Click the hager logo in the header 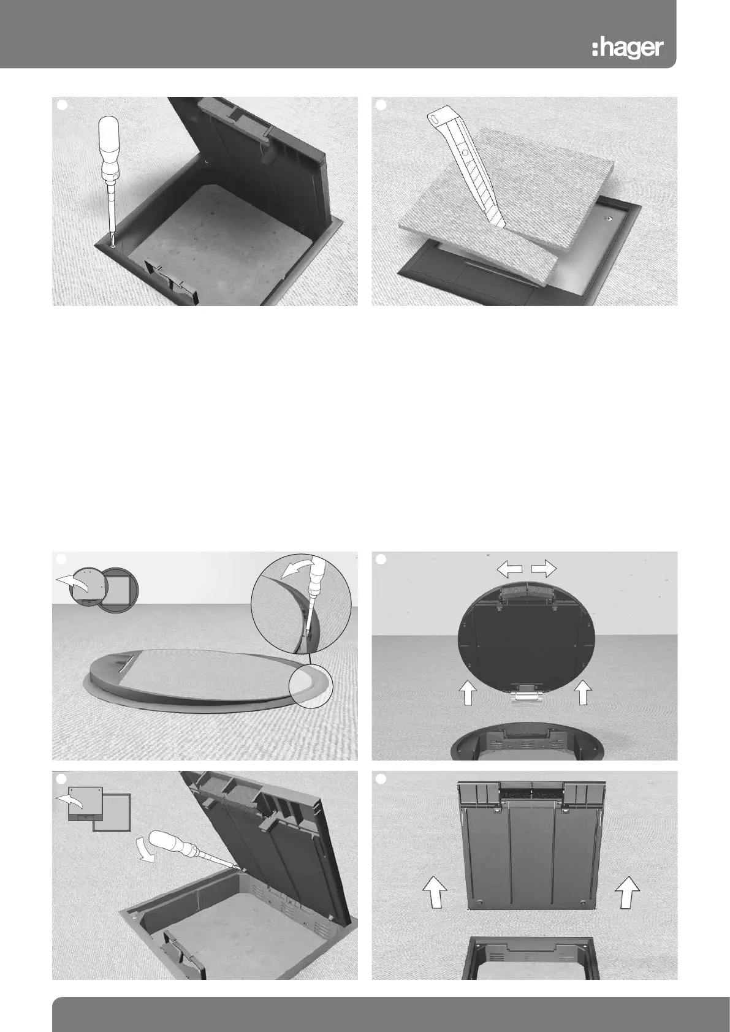628,48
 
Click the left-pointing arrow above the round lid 509,569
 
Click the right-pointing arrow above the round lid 544,569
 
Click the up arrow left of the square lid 435,892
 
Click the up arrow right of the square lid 628,892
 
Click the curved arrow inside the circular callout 296,569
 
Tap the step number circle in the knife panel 381,105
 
